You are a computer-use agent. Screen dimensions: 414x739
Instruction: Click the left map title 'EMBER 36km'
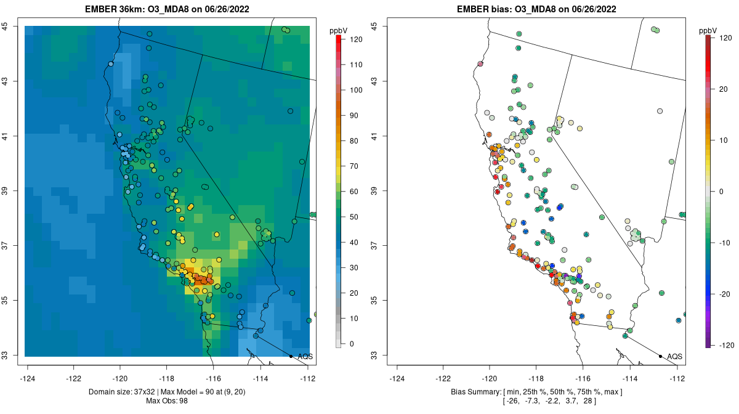point(115,9)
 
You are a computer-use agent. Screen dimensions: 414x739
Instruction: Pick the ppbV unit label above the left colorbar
point(339,30)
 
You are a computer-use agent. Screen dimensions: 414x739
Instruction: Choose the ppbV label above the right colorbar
point(708,30)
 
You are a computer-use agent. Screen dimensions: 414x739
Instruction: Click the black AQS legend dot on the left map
point(291,356)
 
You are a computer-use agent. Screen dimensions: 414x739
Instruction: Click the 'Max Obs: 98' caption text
point(167,401)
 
